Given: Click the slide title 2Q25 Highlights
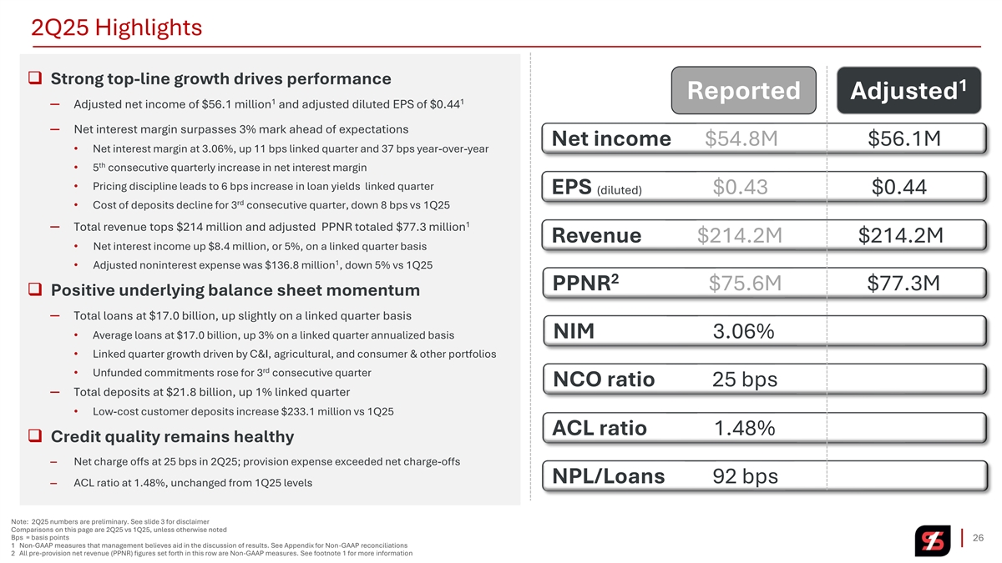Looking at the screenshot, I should click(116, 28).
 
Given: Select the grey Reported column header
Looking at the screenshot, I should click(743, 90).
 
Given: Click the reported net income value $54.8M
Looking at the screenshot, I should click(741, 138).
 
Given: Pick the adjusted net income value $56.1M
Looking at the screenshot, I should click(904, 138).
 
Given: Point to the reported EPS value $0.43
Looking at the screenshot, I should click(741, 188).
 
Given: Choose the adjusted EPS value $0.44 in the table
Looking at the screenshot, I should click(899, 188).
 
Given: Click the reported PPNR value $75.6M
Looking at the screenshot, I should click(745, 284).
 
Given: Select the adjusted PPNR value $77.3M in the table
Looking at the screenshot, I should click(903, 284).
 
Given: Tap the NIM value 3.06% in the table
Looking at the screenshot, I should click(743, 332).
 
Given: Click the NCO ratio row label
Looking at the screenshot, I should click(604, 380).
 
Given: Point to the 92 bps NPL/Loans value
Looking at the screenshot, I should click(745, 476).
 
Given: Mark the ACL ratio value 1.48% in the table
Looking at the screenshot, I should click(745, 429).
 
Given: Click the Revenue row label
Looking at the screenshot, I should click(597, 236).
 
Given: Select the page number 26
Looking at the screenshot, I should click(979, 537).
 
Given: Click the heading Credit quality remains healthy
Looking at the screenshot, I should click(172, 437).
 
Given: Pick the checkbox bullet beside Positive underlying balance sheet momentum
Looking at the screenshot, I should click(35, 290).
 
